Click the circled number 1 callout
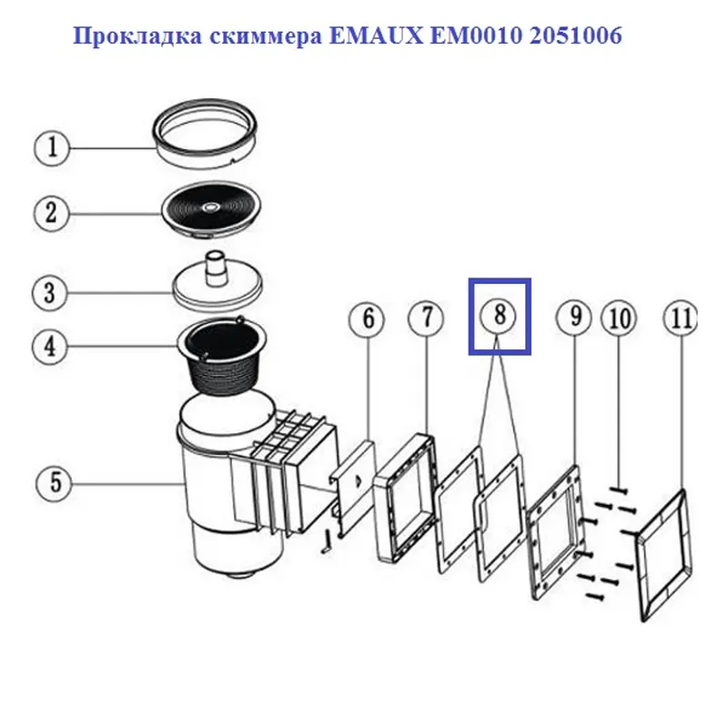tap(52, 148)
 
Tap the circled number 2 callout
tap(52, 213)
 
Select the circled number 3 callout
tap(50, 293)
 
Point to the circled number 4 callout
tap(50, 347)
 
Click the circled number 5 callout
tap(55, 483)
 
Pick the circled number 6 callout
tap(368, 319)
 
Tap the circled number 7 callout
tap(426, 319)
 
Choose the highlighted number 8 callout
tap(499, 316)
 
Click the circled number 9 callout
tap(574, 317)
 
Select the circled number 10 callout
tap(620, 318)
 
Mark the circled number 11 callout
tap(681, 319)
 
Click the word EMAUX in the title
tap(377, 35)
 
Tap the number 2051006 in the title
tap(575, 35)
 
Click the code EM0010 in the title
tap(476, 35)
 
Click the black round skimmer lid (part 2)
tap(211, 209)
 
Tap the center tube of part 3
tap(217, 268)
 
